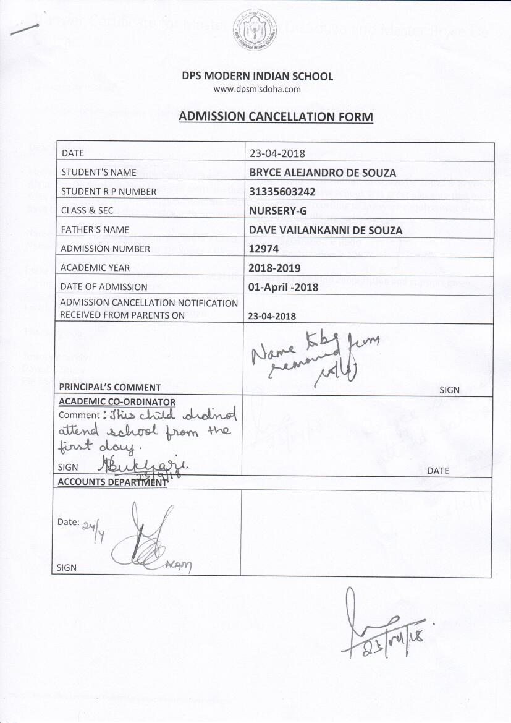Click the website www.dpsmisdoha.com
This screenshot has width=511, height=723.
point(256,89)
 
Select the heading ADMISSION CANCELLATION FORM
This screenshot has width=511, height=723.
point(276,116)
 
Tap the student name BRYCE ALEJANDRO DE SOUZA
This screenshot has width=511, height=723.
point(323,172)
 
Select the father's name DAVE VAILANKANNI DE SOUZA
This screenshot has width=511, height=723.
point(326,229)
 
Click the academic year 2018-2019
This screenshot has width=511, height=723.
point(274,268)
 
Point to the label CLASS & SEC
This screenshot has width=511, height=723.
point(87,210)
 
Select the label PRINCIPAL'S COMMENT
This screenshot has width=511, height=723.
point(110,387)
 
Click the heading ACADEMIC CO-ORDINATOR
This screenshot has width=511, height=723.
point(117,402)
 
